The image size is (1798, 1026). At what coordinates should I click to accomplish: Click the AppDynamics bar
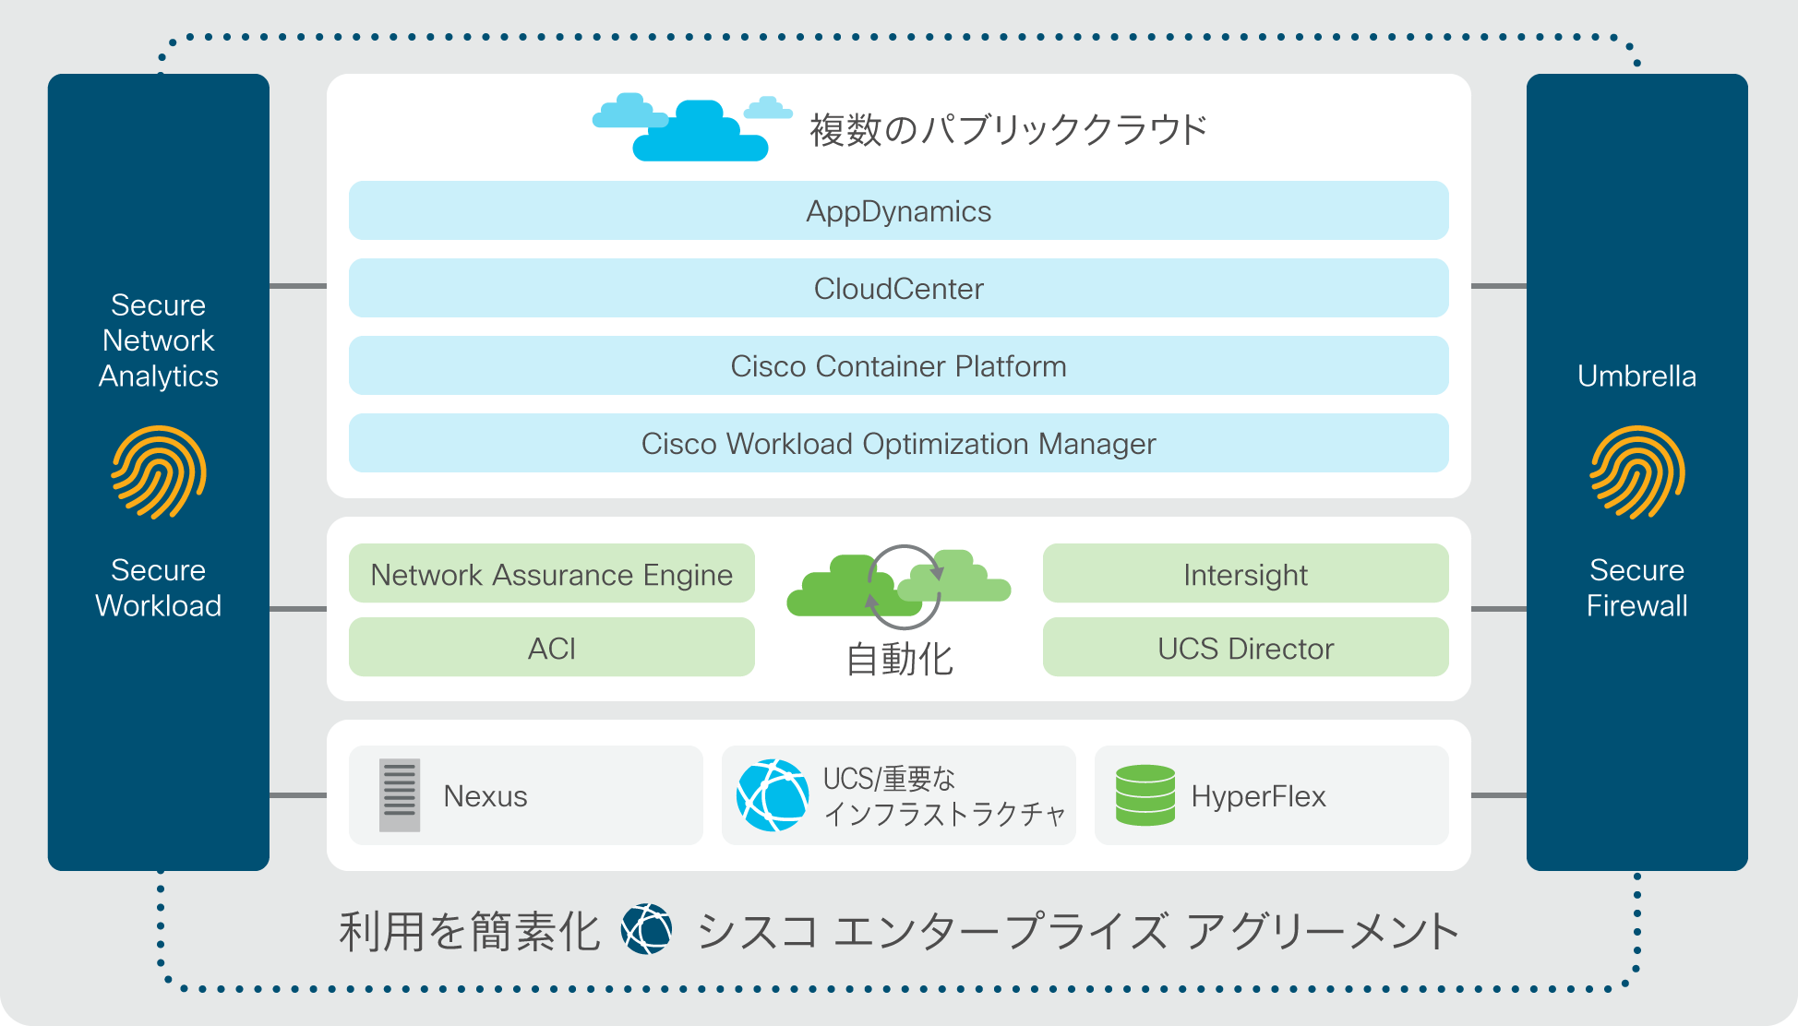coord(898,210)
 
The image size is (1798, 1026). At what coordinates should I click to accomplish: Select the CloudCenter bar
coord(898,288)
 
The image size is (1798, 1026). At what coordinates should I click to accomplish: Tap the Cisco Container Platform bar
coord(898,365)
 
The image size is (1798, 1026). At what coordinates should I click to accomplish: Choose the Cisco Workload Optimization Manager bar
coord(898,443)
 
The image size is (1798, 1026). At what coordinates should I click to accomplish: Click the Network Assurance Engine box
coord(552,573)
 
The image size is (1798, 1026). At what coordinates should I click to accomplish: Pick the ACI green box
coord(552,647)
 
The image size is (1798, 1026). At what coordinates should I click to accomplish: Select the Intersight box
coord(1246,573)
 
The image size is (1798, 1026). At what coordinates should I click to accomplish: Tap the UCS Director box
coord(1246,647)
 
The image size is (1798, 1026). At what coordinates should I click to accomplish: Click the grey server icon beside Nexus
coord(400,795)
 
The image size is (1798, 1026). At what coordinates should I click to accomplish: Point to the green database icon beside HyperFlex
coord(1145,795)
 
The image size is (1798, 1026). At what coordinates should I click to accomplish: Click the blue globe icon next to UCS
coord(773,795)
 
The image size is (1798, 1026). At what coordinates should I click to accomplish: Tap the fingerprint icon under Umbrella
coord(1637,472)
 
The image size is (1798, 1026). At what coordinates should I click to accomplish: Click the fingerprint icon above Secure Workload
coord(159,472)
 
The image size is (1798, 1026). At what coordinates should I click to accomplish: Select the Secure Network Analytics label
coord(159,340)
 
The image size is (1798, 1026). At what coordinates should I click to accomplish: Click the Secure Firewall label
coord(1637,588)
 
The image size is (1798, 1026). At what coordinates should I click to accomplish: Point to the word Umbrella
coord(1637,376)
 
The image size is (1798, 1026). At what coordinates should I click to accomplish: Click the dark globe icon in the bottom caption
coord(647,929)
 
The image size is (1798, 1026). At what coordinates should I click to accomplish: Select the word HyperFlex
coord(1259,796)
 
